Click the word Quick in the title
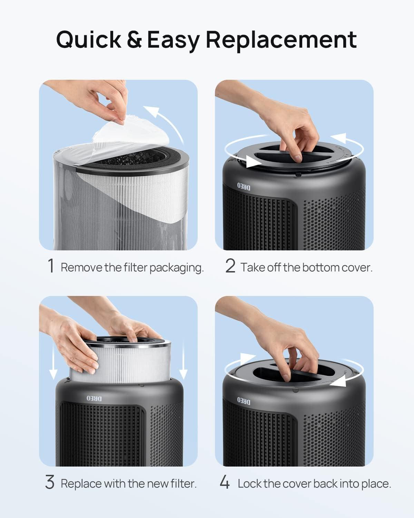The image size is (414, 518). pos(89,39)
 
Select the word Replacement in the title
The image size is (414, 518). pos(281,39)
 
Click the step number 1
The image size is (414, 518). pos(51,266)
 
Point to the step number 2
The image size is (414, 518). pos(230,266)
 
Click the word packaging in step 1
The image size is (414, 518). pos(177,268)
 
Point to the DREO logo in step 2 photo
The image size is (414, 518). pos(244,186)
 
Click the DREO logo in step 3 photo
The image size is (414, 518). pos(94,398)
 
